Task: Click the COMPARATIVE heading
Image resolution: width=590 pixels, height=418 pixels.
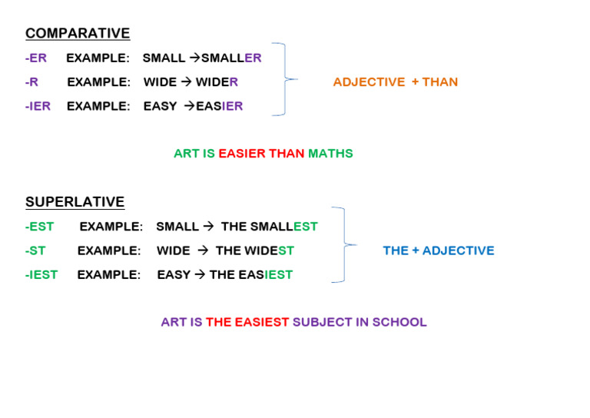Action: coord(78,33)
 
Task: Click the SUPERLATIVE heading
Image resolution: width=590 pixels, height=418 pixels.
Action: coord(75,202)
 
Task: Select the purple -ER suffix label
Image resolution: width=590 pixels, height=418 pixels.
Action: coord(35,58)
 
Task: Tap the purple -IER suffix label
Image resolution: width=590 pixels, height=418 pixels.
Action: coord(38,106)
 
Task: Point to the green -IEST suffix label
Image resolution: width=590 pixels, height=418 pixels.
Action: coord(41,274)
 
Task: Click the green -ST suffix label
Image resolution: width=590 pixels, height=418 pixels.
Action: coord(35,250)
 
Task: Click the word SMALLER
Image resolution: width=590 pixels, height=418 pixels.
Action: coord(231,58)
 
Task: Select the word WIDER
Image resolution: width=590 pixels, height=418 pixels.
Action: coord(217,81)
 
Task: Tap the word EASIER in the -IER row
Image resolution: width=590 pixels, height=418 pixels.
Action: coord(219,106)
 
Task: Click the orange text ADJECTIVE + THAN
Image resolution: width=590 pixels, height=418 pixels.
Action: coord(395,81)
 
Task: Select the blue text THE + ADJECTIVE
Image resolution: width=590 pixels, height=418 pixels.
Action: coord(439,250)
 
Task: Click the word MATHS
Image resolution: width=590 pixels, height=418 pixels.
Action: coord(330,153)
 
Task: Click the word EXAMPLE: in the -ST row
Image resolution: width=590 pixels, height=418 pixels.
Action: coord(109,250)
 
